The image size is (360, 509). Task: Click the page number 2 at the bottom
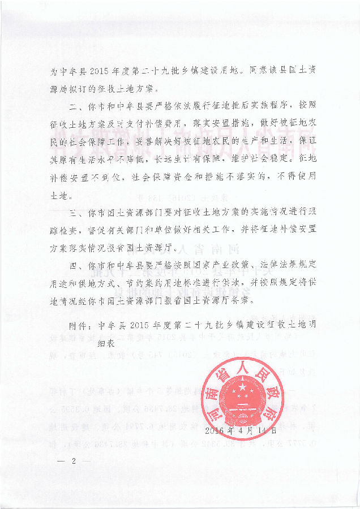tap(74, 461)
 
